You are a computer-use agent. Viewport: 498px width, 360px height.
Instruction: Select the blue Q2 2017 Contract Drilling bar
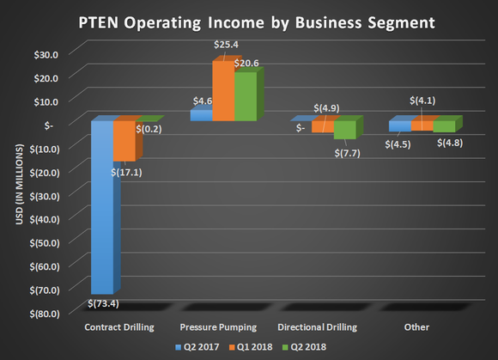[102, 206]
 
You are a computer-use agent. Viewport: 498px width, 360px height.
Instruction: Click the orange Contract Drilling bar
[124, 140]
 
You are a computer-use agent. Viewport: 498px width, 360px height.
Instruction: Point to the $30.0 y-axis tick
[44, 53]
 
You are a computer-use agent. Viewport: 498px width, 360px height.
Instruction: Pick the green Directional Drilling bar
[344, 130]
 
